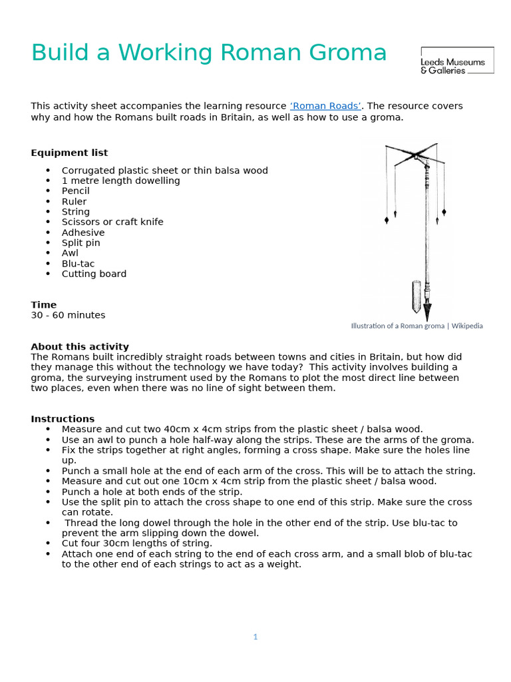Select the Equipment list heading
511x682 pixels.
point(69,153)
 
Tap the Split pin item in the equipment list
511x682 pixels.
point(81,243)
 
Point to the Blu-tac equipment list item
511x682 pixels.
point(78,264)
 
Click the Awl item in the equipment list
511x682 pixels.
point(70,253)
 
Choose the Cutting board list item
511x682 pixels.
point(94,274)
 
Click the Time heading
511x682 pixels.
point(44,304)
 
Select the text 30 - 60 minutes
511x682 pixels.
point(68,315)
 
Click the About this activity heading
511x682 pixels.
point(80,346)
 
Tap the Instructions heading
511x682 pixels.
point(63,419)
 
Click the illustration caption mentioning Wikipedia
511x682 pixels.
point(417,326)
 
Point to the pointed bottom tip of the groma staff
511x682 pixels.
point(427,313)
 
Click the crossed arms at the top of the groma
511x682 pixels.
point(414,155)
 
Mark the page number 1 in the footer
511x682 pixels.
point(255,637)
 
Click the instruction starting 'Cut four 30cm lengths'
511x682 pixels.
point(137,543)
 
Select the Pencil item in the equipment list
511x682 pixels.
point(75,191)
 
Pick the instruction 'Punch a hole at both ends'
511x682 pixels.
point(152,492)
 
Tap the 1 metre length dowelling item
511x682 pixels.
point(120,180)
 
